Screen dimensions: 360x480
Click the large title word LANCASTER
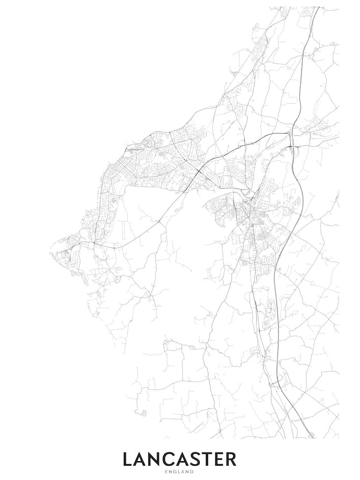pos(179,459)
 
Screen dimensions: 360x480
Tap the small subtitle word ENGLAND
pos(179,472)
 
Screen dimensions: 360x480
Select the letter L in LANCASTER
pos(128,459)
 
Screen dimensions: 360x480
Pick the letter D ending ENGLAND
pos(192,472)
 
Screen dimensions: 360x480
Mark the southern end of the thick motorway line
pos(311,437)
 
